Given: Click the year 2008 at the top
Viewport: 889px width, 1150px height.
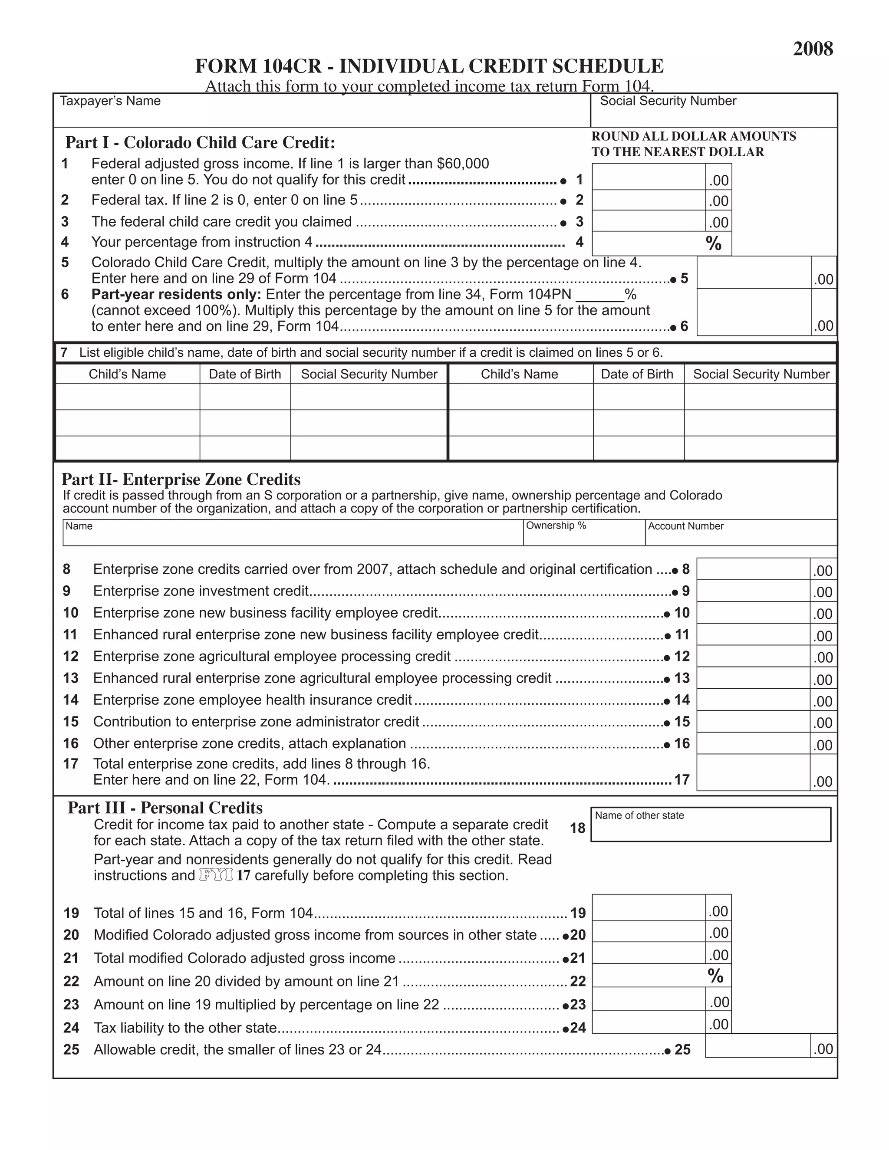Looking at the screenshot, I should click(813, 49).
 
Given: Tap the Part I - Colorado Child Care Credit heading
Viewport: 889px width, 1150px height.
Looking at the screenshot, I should click(200, 143).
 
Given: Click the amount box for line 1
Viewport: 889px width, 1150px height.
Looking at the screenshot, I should click(649, 177).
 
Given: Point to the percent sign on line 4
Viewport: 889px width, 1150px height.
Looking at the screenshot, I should click(714, 243).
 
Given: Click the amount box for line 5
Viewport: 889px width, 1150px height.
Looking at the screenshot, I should click(754, 273).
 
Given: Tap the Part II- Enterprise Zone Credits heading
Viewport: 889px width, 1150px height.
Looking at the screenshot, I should click(181, 479).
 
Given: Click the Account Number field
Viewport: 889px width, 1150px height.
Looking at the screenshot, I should click(740, 533).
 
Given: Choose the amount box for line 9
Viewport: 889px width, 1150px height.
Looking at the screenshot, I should click(753, 591).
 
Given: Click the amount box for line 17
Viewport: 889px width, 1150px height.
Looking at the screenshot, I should click(753, 773).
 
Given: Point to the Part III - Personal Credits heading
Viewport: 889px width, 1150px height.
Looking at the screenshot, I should click(165, 808).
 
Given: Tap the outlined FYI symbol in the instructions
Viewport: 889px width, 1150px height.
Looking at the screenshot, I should click(216, 875).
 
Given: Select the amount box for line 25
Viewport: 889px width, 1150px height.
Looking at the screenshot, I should click(757, 1046).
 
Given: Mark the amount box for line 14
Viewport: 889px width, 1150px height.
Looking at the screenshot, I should click(753, 700).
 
